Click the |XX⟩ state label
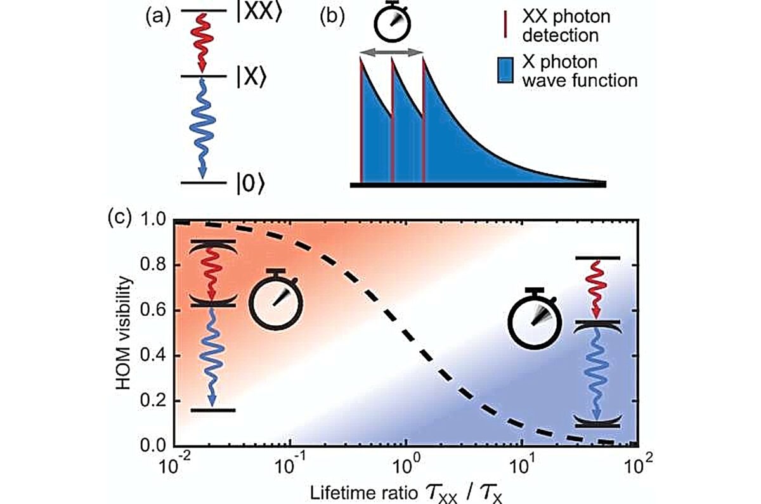click(x=259, y=13)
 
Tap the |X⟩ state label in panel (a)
click(x=251, y=78)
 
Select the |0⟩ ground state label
click(x=250, y=184)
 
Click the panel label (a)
click(x=158, y=18)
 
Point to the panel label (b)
click(x=332, y=18)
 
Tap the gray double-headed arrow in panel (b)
click(x=391, y=52)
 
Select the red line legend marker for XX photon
click(x=505, y=24)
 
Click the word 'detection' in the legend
click(x=560, y=36)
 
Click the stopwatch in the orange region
click(x=276, y=299)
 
